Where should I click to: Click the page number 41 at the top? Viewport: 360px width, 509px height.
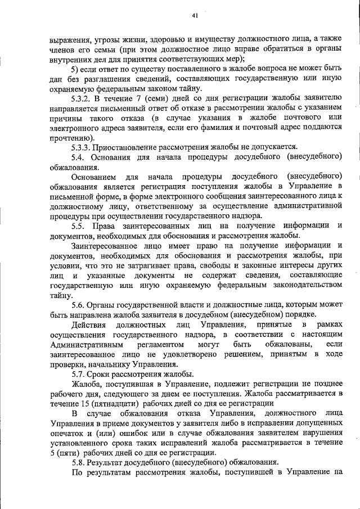click(195, 16)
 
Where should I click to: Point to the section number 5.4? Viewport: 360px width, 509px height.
click(78, 157)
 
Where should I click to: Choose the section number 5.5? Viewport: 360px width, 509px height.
click(78, 225)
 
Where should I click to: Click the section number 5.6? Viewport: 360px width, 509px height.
click(78, 304)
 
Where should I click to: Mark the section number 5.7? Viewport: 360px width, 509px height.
click(78, 373)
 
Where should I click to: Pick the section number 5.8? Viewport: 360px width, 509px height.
click(78, 462)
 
